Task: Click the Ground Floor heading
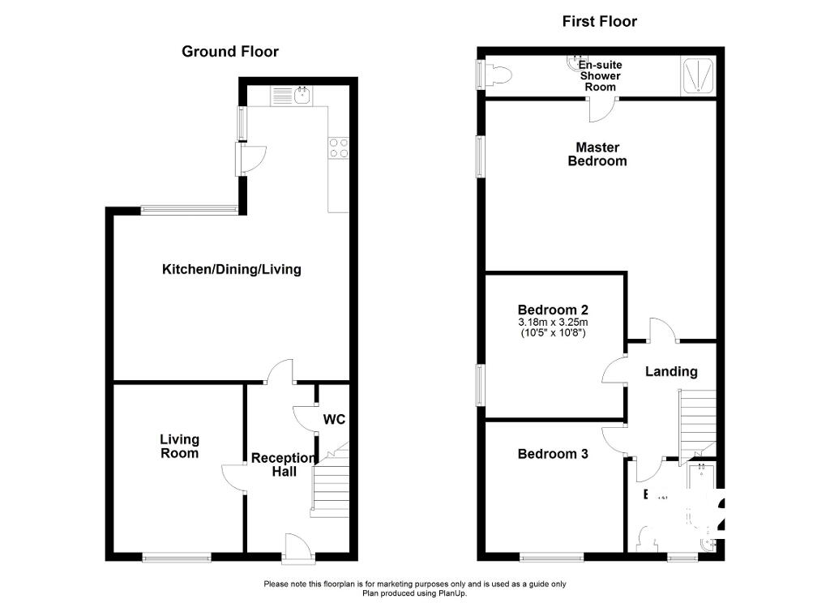(229, 52)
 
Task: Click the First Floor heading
(600, 21)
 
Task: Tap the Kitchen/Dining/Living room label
(231, 269)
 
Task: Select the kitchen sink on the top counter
(302, 96)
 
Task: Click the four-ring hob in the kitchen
(338, 147)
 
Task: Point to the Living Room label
(179, 446)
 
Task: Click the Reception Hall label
(283, 464)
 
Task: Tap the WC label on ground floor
(335, 420)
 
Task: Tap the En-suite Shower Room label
(600, 75)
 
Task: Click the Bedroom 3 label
(553, 454)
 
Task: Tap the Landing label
(671, 371)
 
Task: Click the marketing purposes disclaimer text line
(415, 584)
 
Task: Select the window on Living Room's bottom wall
(177, 557)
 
